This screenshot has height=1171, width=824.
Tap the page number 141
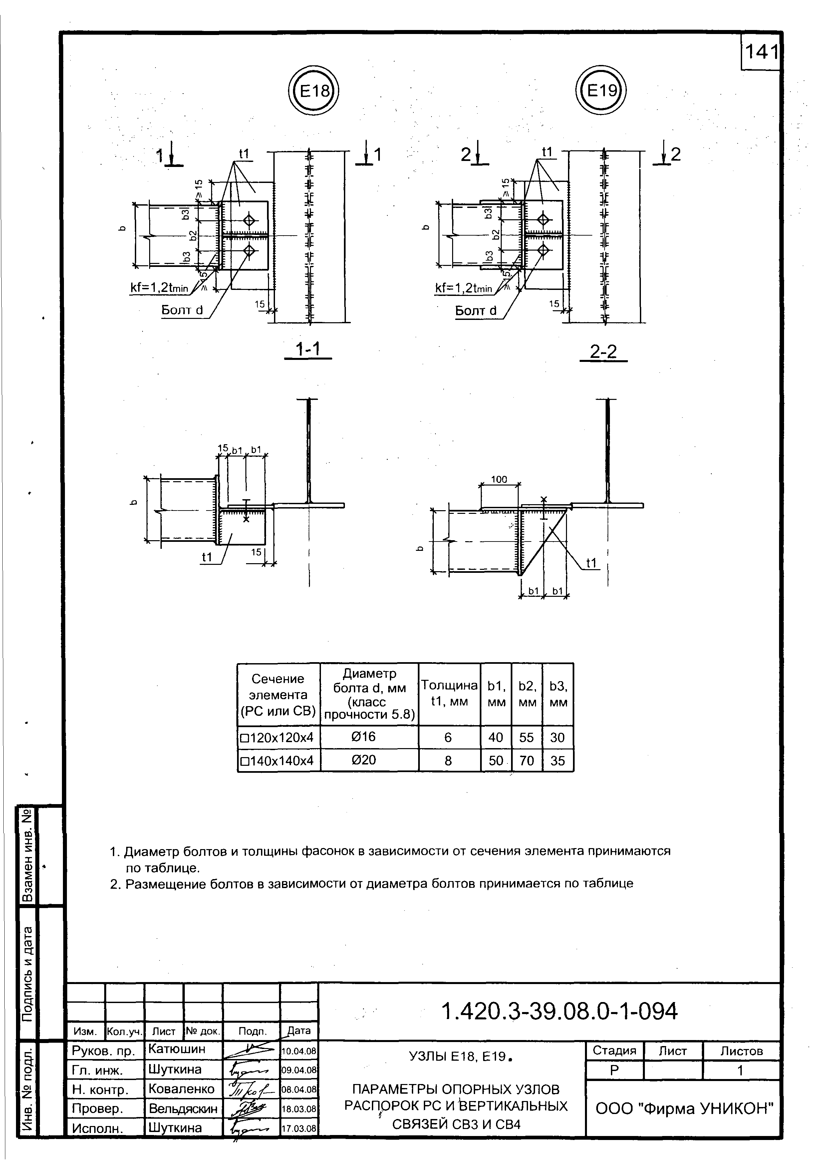pos(761,52)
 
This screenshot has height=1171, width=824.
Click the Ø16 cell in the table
pos(363,737)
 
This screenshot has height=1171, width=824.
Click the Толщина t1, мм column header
pos(449,693)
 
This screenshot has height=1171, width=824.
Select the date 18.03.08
pos(299,1109)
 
